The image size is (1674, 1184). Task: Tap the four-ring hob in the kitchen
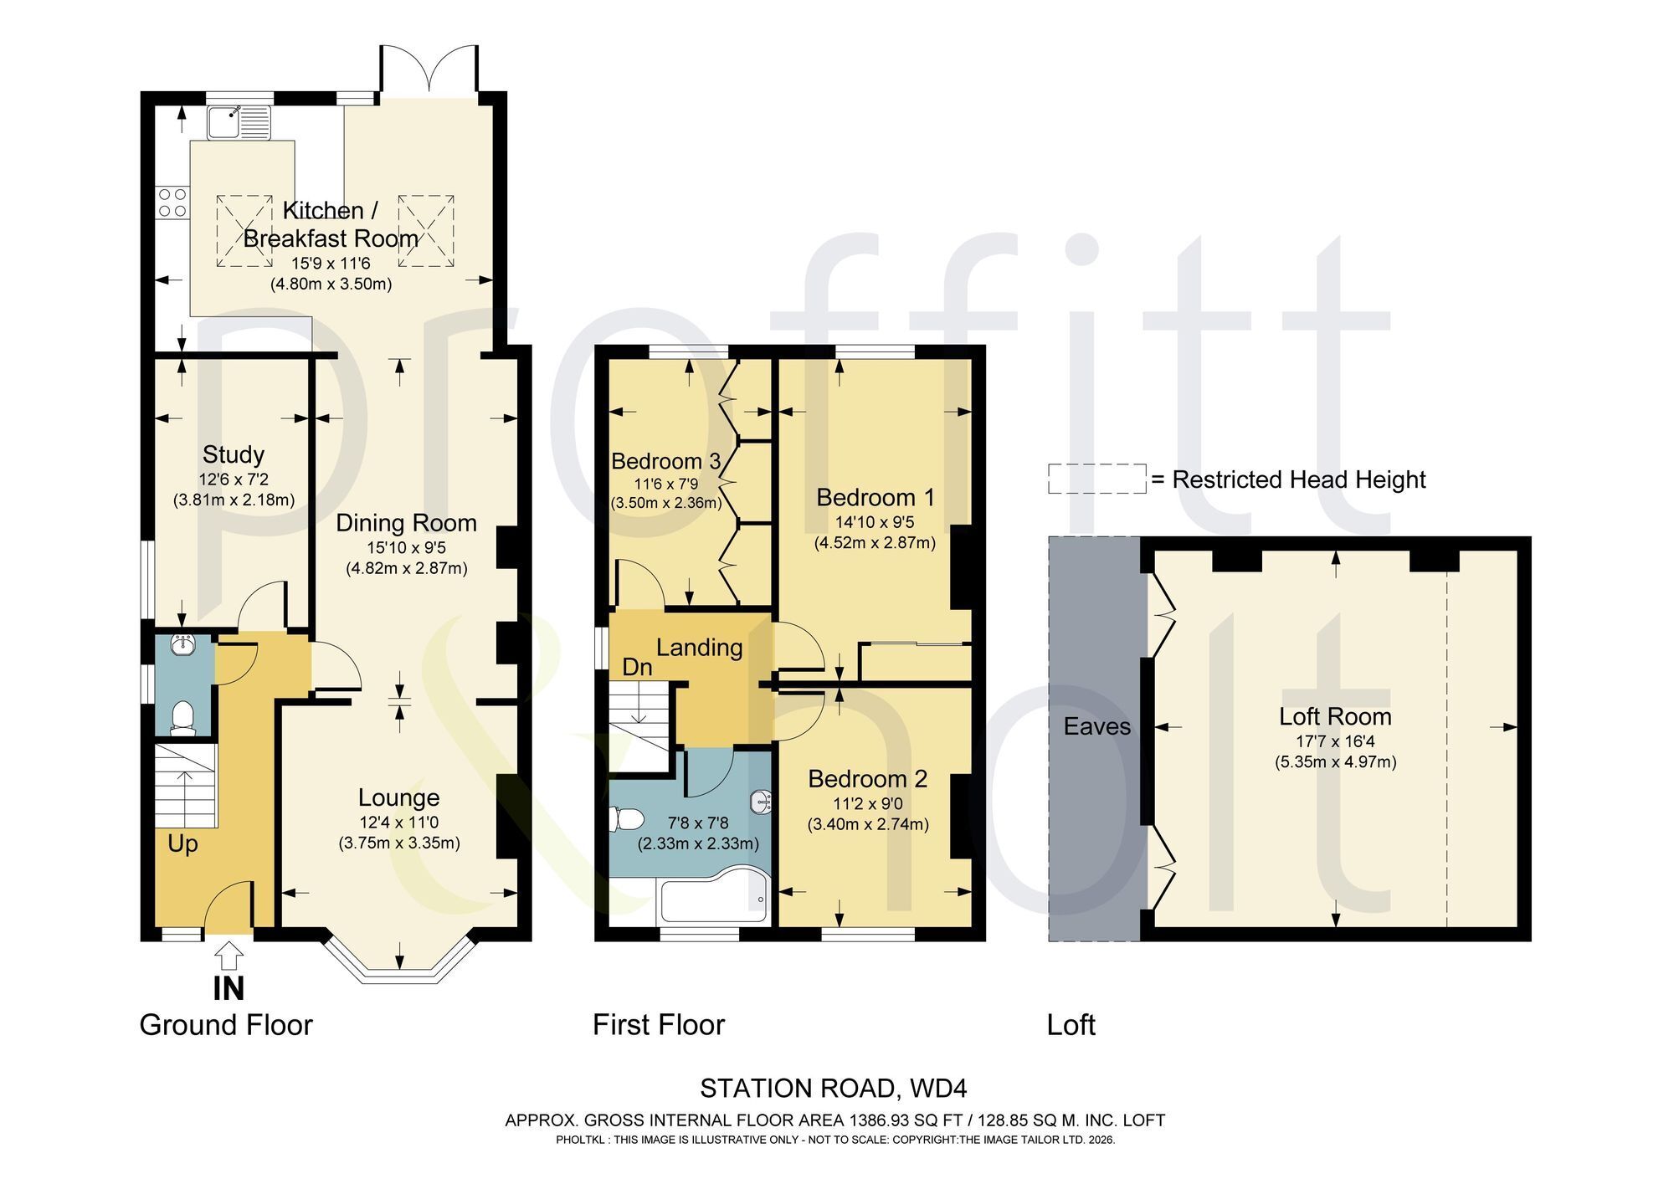[x=172, y=202]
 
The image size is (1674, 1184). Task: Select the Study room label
[x=234, y=455]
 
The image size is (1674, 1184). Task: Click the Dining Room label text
[x=406, y=524]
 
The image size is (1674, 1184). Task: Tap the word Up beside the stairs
[x=182, y=843]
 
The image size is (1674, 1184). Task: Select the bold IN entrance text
[x=229, y=989]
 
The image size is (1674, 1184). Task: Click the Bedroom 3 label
[x=665, y=461]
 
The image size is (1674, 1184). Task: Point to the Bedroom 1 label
[x=875, y=498]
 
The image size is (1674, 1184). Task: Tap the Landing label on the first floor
[x=699, y=648]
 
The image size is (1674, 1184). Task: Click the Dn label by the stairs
[x=637, y=667]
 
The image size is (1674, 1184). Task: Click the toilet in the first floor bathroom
[x=627, y=818]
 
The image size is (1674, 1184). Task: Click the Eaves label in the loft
[x=1096, y=726]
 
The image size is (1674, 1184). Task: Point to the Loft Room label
[x=1335, y=717]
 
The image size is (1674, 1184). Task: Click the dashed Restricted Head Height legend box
[x=1097, y=479]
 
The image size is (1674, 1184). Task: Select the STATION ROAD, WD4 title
[x=834, y=1089]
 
